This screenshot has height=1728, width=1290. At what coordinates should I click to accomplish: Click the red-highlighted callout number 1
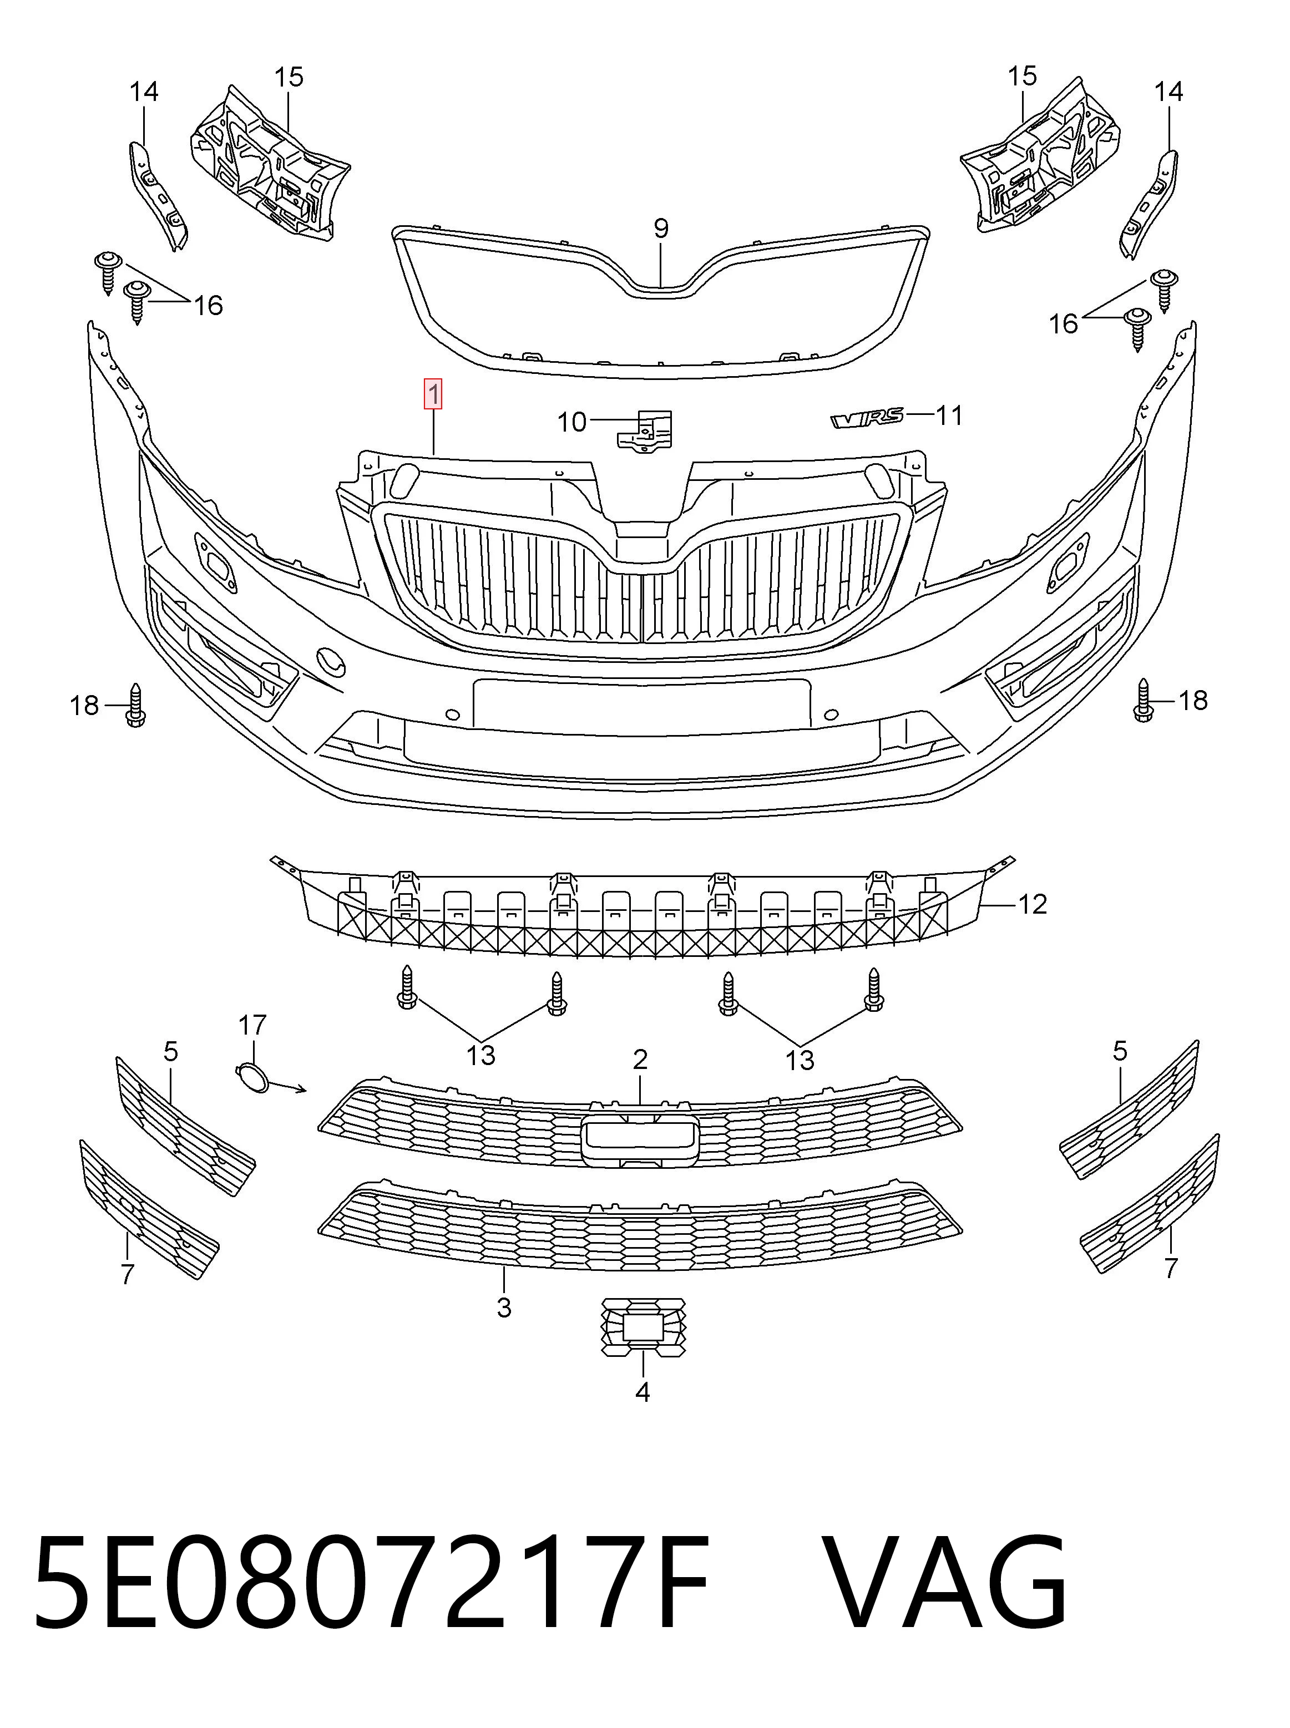point(433,394)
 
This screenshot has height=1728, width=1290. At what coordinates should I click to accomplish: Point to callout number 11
point(949,415)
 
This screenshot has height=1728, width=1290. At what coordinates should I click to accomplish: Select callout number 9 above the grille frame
point(661,229)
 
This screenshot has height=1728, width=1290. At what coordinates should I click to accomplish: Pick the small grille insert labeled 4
point(644,1327)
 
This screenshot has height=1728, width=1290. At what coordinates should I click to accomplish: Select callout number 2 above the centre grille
point(640,1060)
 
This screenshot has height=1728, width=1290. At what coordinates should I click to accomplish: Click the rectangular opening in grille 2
point(640,1140)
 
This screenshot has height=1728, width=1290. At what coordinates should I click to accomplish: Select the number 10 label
point(571,423)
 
